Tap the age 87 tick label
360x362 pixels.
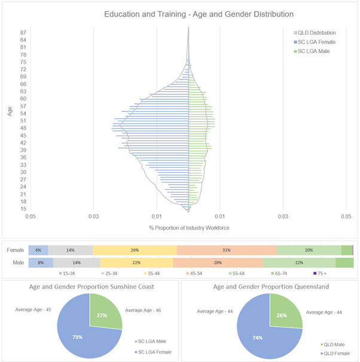click(x=23, y=32)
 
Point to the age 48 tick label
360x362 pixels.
click(x=23, y=128)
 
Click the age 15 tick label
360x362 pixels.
click(x=23, y=208)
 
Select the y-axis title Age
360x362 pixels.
click(x=10, y=112)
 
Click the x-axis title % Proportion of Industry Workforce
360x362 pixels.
click(x=189, y=228)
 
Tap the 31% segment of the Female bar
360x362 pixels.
click(x=227, y=250)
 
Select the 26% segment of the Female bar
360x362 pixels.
click(x=135, y=250)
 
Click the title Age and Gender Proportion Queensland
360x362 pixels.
click(x=270, y=286)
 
